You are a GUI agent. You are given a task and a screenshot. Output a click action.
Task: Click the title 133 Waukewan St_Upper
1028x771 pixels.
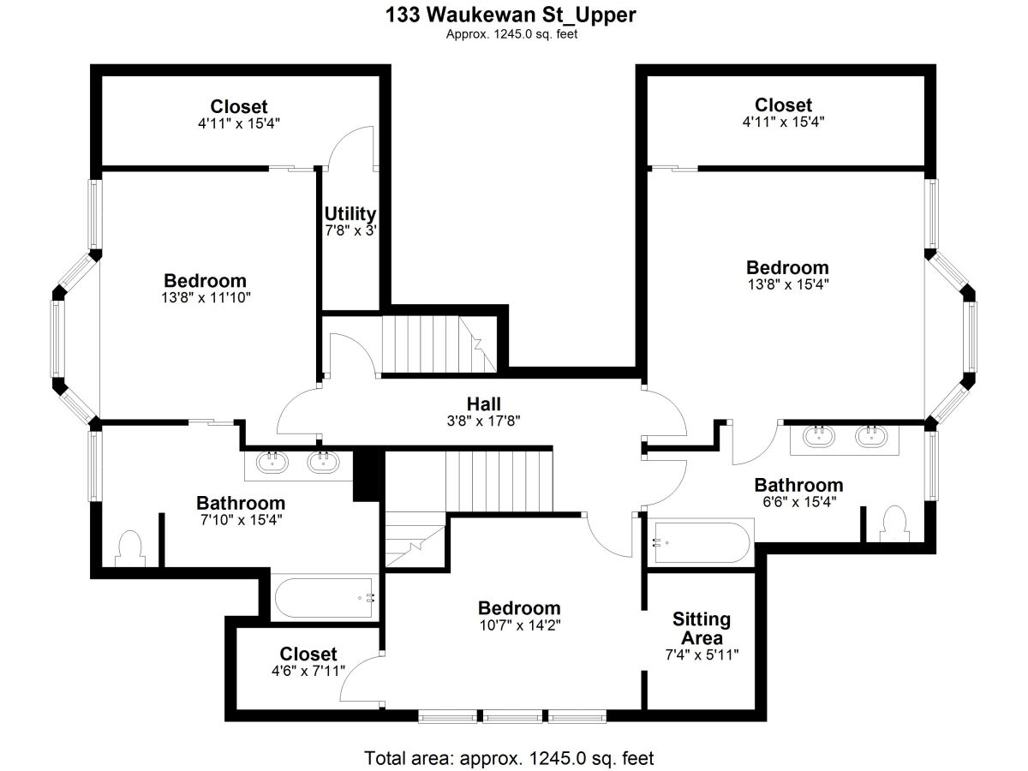[511, 15]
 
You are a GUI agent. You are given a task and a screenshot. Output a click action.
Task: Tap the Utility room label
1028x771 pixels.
[350, 213]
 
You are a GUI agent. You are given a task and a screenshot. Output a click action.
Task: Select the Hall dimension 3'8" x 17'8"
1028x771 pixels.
[483, 421]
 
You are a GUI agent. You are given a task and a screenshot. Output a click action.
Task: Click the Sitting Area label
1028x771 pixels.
[702, 628]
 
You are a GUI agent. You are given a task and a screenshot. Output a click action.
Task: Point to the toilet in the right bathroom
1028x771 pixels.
[894, 523]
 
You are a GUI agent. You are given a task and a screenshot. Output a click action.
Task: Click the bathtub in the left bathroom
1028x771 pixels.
[324, 598]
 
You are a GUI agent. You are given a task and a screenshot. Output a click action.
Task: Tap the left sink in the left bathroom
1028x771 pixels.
[272, 462]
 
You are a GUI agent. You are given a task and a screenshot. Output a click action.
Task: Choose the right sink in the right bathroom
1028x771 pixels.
[871, 436]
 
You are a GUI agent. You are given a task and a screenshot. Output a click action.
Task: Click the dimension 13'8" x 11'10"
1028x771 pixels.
[206, 297]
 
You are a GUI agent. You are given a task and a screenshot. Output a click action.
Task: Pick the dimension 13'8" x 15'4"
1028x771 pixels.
[788, 284]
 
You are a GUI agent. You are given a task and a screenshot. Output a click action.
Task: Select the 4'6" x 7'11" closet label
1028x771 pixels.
[308, 662]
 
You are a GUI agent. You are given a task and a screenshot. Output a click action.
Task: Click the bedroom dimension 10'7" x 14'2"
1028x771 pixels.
[520, 625]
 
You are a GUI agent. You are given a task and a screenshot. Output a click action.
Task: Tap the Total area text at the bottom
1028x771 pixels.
[509, 758]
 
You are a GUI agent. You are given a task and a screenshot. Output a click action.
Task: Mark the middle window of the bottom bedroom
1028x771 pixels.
[512, 716]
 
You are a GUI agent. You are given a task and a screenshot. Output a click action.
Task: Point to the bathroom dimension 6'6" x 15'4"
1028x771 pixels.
[799, 502]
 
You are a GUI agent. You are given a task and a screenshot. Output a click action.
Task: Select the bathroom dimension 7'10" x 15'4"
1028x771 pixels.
[242, 520]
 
